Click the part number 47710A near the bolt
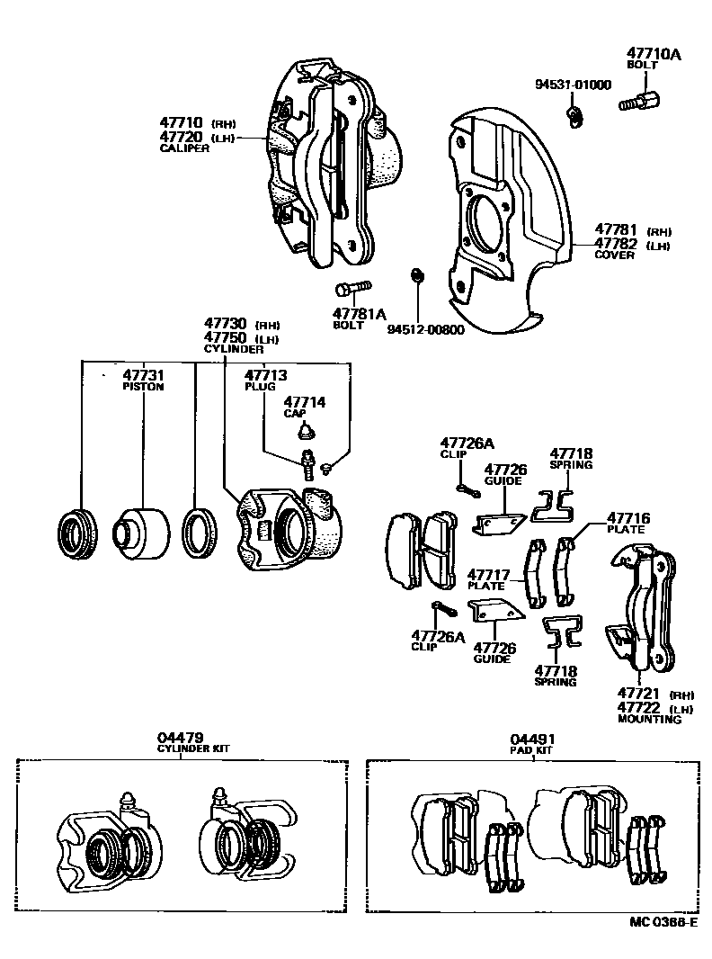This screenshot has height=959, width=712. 654,55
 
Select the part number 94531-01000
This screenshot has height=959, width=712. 573,85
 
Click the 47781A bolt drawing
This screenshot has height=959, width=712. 352,289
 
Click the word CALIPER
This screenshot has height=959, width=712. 184,148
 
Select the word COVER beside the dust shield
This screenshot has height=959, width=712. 614,255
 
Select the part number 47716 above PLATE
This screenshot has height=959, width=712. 628,518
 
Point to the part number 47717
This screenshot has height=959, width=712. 488,574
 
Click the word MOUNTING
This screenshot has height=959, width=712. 649,720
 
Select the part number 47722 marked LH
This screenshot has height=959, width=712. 639,707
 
